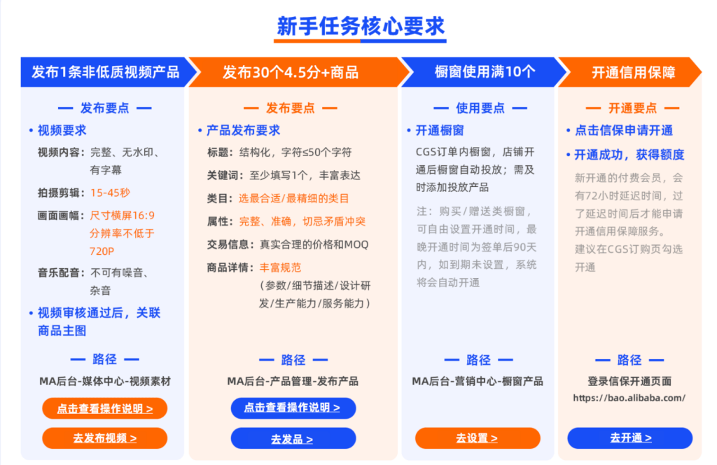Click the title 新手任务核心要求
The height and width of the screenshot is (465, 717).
[x=361, y=26]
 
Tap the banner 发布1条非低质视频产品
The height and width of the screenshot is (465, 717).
[x=105, y=72]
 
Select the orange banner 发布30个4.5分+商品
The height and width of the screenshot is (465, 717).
[x=291, y=72]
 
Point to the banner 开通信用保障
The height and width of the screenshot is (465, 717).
[x=633, y=72]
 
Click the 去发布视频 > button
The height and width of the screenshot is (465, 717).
[x=105, y=438]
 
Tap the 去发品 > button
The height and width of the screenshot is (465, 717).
[x=293, y=439]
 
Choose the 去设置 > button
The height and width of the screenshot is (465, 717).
[x=477, y=438]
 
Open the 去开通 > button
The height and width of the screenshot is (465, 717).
[x=630, y=438]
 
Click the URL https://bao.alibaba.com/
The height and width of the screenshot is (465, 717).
[x=629, y=398]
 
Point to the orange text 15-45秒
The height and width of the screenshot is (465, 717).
[x=110, y=193]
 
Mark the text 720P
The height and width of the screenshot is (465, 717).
[x=102, y=251]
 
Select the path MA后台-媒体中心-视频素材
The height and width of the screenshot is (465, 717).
[x=105, y=382]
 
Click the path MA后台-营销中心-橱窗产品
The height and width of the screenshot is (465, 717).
[x=478, y=382]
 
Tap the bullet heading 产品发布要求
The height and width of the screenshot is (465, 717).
[x=243, y=130]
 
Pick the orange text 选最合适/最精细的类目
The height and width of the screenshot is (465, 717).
[x=293, y=198]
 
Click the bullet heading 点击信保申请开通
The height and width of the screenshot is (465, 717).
[x=623, y=130]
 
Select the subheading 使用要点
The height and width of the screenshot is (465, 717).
[x=480, y=109]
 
